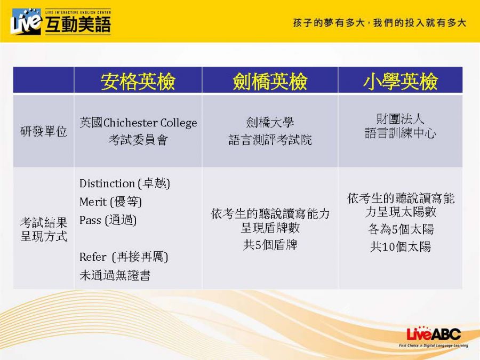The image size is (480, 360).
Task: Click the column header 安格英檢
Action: tap(138, 81)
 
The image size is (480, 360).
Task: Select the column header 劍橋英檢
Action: tap(270, 81)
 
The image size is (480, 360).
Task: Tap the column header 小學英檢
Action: tap(401, 81)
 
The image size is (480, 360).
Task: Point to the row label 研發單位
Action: tap(44, 131)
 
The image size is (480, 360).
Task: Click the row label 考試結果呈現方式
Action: tap(44, 229)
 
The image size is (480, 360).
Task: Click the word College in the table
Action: tap(179, 123)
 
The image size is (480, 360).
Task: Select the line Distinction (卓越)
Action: tap(125, 183)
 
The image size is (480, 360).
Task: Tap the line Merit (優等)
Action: tap(110, 202)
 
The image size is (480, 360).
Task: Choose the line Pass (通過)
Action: tap(108, 220)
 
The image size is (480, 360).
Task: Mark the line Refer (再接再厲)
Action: tap(124, 257)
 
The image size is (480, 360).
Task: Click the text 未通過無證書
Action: tap(115, 275)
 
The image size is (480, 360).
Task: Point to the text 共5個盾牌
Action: tap(270, 245)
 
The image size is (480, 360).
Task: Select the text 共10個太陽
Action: tap(401, 246)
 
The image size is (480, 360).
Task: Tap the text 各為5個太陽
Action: tap(401, 229)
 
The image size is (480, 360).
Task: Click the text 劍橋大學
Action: tap(270, 123)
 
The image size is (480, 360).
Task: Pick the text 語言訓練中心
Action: tap(401, 133)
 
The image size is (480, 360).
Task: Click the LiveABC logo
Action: tap(434, 336)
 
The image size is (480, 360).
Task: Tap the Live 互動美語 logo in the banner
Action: tap(61, 21)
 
